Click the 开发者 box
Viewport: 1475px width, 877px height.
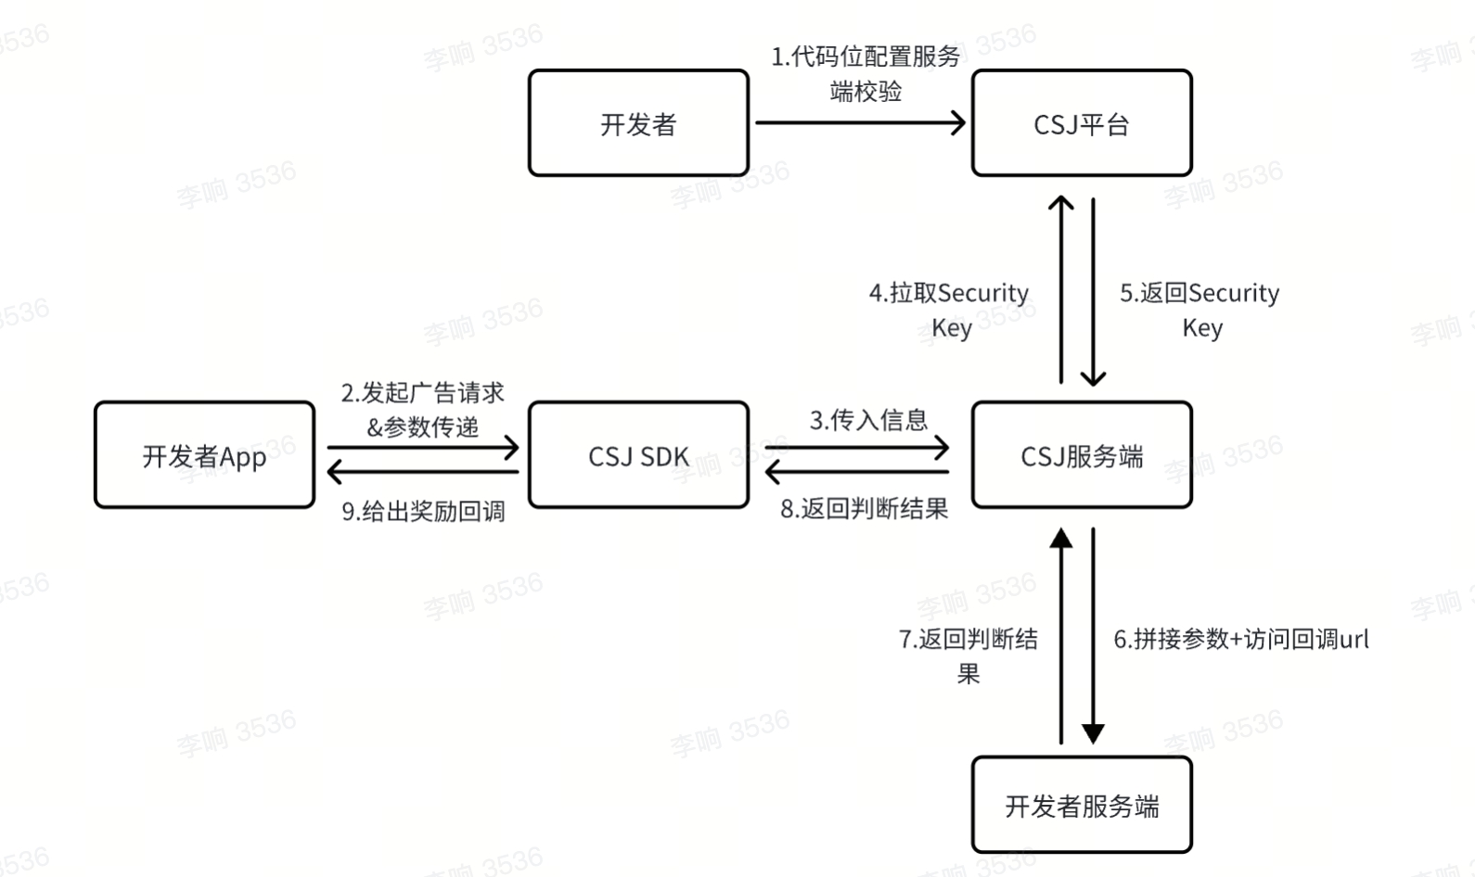[x=638, y=123]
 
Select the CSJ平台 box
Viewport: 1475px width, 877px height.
[x=1082, y=123]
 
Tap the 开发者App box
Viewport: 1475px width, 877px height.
[x=204, y=455]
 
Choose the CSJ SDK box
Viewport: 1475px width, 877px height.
[x=638, y=455]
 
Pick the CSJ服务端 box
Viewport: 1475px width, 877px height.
[x=1082, y=455]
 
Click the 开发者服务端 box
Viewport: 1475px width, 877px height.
[x=1082, y=805]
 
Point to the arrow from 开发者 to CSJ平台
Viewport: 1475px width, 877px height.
[x=860, y=122]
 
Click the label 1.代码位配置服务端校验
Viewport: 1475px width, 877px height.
[x=866, y=73]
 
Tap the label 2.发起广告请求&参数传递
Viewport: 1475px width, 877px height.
[x=423, y=409]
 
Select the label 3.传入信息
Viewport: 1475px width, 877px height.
[x=868, y=420]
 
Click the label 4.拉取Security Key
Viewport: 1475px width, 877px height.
[x=949, y=310]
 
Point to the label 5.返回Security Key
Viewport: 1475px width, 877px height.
[x=1199, y=310]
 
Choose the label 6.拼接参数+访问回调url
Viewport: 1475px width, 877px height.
[x=1241, y=639]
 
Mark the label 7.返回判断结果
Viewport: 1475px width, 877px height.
[x=968, y=655]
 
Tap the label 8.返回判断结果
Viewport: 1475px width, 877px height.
[x=864, y=508]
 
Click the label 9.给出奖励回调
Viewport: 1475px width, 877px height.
[x=423, y=511]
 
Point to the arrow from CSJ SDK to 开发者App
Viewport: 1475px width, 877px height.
[x=423, y=473]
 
